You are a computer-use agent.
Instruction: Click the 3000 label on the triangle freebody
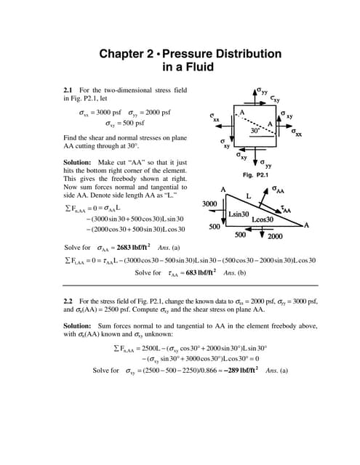pyautogui.click(x=211, y=203)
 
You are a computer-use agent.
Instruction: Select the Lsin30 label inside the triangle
pyautogui.click(x=241, y=214)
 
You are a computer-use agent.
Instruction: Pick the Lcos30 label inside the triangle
pyautogui.click(x=263, y=219)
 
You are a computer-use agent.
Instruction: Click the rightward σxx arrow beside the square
pyautogui.click(x=287, y=126)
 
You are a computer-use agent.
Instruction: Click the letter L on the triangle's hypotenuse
pyautogui.click(x=249, y=195)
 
